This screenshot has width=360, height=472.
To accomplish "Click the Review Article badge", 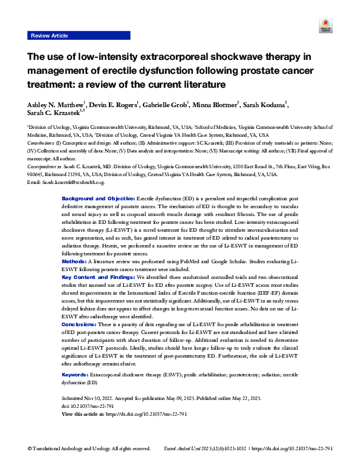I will coord(49,36).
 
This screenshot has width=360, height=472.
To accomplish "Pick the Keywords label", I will coord(78,376).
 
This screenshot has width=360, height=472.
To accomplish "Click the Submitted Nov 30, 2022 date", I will coord(94,399).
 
